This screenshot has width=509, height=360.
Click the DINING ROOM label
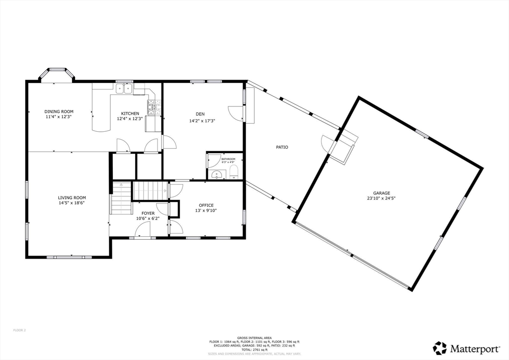pos(59,111)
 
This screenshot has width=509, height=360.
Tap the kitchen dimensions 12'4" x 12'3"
pos(130,119)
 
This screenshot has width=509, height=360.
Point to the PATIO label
pos(282,147)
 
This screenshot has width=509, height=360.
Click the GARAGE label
pos(382,193)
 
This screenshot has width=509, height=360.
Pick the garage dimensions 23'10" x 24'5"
pos(382,198)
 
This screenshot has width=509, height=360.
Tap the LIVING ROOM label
pos(72,197)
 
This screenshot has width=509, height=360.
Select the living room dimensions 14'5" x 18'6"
pos(72,203)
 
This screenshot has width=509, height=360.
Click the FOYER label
pos(148,213)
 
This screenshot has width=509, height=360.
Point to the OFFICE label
pos(206,205)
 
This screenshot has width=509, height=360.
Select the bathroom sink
pos(216,175)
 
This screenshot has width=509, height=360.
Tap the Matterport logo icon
pos(439,348)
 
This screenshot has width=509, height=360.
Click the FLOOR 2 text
pos(19,330)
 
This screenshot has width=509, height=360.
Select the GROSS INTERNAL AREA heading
pos(254,337)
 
